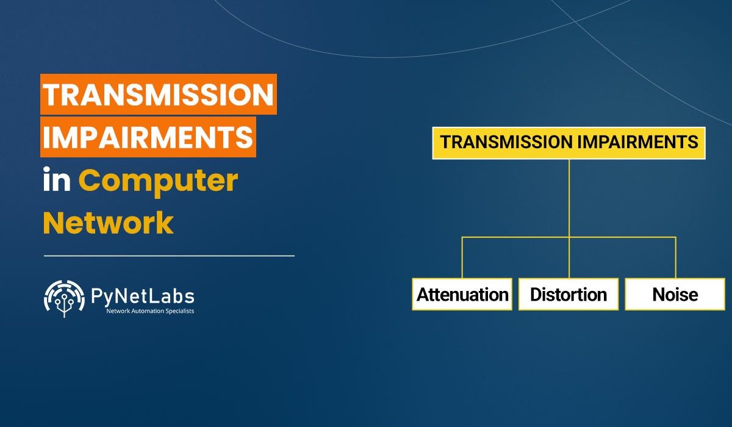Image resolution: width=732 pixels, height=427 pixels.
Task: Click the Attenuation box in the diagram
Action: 462,294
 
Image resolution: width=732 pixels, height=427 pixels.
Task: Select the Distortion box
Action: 569,294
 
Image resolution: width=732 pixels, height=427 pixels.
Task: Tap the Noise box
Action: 675,294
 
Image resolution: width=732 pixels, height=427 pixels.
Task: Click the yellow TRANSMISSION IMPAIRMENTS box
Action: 569,143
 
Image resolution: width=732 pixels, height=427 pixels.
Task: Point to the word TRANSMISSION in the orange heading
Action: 159,95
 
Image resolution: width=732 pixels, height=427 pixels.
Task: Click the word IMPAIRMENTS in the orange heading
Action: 148,137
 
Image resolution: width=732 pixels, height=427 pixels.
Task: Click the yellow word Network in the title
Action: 108,223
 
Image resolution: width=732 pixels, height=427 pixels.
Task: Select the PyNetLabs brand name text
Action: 143,296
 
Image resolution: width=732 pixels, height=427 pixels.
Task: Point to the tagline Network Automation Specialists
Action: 150,311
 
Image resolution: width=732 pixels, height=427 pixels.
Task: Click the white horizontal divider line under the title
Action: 170,256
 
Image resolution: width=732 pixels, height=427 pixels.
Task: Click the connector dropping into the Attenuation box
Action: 462,257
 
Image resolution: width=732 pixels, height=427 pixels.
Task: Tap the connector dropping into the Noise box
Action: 675,257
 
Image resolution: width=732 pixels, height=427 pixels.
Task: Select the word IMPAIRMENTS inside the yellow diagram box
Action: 638,142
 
